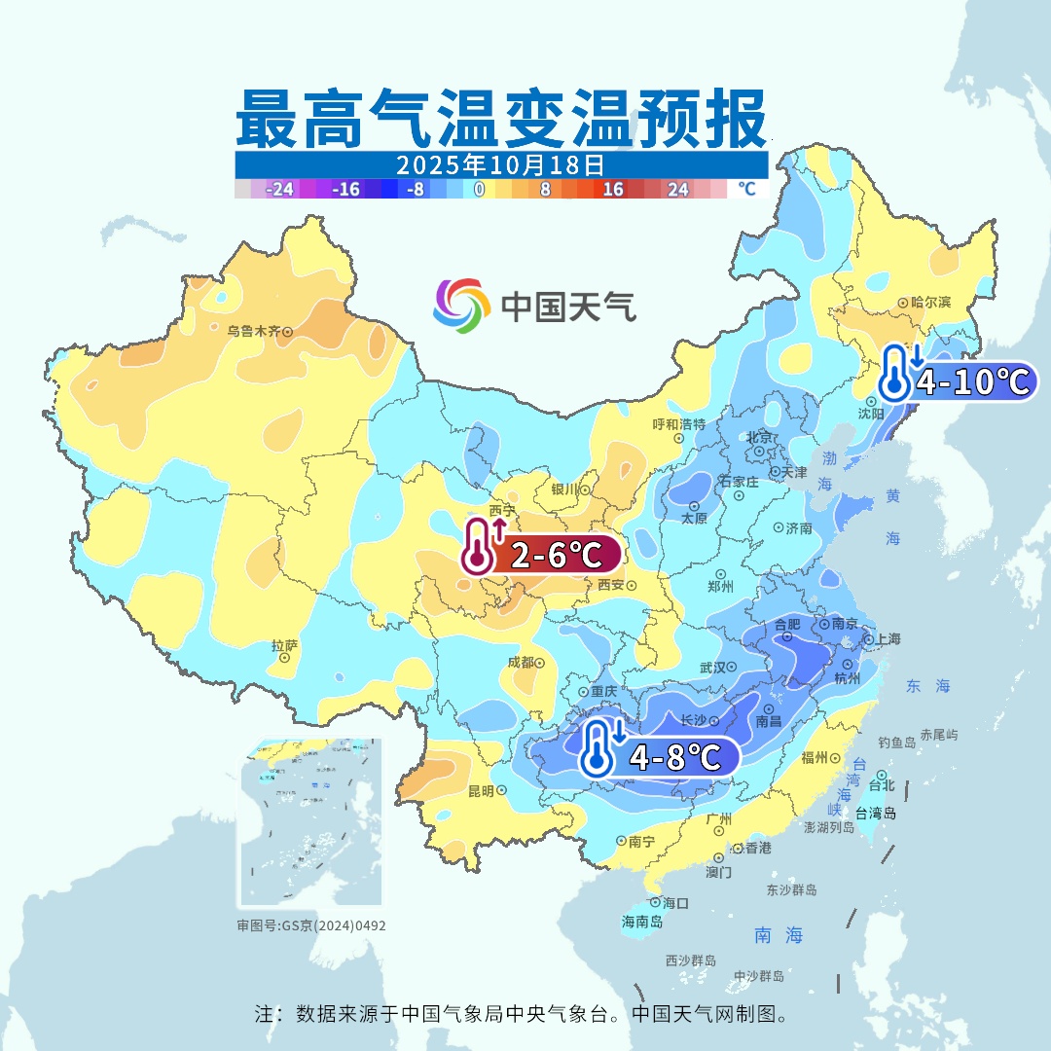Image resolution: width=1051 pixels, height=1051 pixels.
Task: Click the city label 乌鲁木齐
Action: [x=253, y=331]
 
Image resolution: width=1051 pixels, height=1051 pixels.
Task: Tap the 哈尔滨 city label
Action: [x=929, y=303]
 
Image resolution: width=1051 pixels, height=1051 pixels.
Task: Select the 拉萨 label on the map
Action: [x=284, y=645]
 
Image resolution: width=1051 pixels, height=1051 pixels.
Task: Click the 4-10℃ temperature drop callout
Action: [x=958, y=381]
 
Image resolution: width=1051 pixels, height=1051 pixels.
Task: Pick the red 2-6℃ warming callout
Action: [x=541, y=556]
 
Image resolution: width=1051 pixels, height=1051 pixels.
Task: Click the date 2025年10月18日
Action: [x=501, y=163]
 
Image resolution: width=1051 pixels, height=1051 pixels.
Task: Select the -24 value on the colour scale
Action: [x=280, y=190]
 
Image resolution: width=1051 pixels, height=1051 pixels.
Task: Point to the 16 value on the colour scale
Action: [x=613, y=190]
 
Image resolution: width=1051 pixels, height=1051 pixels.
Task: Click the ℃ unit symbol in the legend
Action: [x=746, y=189]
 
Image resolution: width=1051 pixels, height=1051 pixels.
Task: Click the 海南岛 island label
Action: [x=642, y=922]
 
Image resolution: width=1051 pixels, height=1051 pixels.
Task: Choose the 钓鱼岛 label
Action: [x=896, y=743]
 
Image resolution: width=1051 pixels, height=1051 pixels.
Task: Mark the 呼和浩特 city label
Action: [x=678, y=424]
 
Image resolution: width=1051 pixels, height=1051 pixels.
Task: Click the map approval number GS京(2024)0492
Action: [x=311, y=925]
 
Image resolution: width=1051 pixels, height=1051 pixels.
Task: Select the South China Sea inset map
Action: [x=310, y=823]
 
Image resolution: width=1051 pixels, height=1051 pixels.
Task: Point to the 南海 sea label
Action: [x=779, y=935]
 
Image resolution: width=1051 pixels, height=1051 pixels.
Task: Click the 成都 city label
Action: [x=521, y=662]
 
